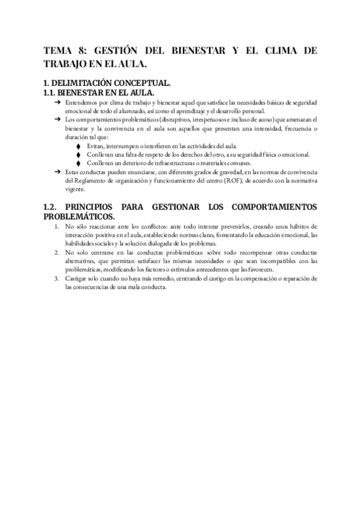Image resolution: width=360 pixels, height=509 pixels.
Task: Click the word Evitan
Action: [95, 146]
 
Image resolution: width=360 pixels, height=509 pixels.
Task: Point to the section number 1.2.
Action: [52, 206]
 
